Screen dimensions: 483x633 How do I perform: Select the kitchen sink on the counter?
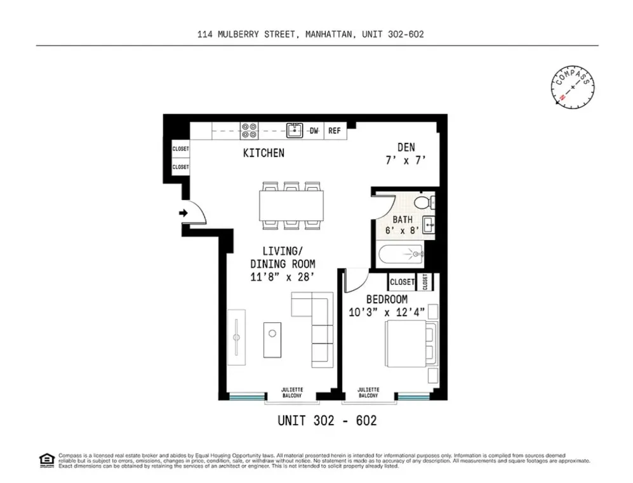point(294,131)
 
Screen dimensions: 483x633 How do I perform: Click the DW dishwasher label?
point(314,131)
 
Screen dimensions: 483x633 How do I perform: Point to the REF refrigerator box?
point(334,131)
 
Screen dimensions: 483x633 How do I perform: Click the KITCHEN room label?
point(263,153)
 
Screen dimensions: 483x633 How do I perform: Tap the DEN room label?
point(406,148)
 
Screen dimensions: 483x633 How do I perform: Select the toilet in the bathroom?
point(422,202)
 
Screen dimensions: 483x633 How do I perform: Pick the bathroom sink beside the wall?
point(429,224)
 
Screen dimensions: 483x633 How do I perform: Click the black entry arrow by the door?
point(183,213)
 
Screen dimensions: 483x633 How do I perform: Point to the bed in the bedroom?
point(410,343)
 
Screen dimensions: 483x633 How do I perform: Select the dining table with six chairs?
point(291,206)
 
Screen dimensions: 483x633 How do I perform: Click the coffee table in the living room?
point(273,340)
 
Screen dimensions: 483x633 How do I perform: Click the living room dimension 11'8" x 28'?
point(282,277)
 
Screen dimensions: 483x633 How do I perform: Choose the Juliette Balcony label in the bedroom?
point(368,392)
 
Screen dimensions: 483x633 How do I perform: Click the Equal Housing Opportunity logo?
point(46,460)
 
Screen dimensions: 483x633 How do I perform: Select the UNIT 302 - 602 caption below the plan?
point(327,420)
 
